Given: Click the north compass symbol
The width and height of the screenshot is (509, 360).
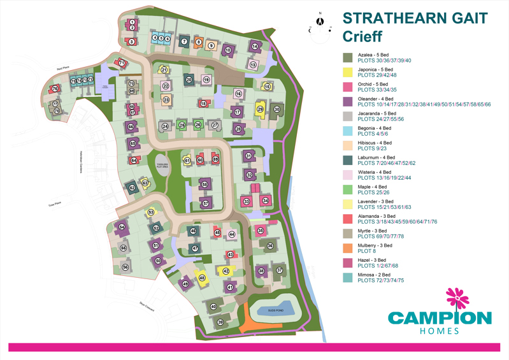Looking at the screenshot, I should click(x=320, y=22).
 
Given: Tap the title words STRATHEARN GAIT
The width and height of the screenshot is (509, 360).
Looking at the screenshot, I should click(x=415, y=18).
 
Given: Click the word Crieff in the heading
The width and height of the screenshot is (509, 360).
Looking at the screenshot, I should click(x=362, y=37).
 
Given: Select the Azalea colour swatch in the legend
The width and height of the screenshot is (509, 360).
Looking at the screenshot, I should click(x=348, y=58).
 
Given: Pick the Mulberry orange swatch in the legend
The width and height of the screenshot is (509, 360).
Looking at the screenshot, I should click(x=348, y=248).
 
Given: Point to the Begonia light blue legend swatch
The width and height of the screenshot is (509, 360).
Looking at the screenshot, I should click(x=348, y=131).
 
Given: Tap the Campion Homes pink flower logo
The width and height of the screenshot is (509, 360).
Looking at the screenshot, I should click(x=456, y=299).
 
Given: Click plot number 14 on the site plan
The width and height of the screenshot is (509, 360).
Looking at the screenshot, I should click(x=255, y=46).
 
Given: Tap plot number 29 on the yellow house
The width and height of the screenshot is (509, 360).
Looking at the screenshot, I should click(x=260, y=110).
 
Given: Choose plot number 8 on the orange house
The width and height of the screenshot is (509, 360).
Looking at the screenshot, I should click(x=198, y=43).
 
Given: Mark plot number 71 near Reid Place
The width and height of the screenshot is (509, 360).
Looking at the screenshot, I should click(x=121, y=62).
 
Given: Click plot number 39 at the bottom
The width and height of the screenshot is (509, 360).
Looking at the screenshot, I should click(x=220, y=322).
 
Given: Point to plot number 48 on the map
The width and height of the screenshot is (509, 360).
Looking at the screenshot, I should click(x=202, y=278).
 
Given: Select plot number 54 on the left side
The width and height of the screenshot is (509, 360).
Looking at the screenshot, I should click(x=121, y=227).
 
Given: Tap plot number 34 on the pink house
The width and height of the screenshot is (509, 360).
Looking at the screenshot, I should click(x=266, y=201).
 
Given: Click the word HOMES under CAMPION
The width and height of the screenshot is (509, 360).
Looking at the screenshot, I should click(x=439, y=331).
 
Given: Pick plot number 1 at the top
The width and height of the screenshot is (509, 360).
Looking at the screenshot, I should click(x=132, y=22).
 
